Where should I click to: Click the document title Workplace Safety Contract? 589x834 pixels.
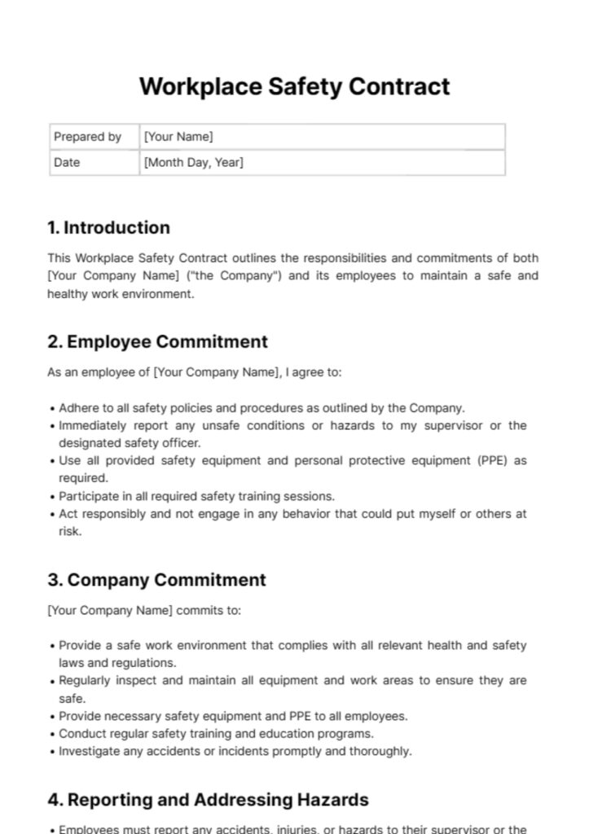pyautogui.click(x=294, y=86)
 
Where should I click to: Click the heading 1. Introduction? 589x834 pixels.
pyautogui.click(x=108, y=227)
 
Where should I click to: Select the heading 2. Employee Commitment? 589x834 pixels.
pyautogui.click(x=157, y=341)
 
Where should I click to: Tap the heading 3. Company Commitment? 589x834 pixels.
pyautogui.click(x=156, y=580)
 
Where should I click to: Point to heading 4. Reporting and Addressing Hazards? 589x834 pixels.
pyautogui.click(x=208, y=800)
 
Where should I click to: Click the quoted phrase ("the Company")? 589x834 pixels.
pyautogui.click(x=235, y=275)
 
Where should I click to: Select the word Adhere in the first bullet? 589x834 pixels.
pyautogui.click(x=78, y=408)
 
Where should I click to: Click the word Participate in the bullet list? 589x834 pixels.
pyautogui.click(x=88, y=496)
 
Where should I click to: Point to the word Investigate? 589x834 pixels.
pyautogui.click(x=89, y=752)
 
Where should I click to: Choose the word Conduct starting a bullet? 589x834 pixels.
pyautogui.click(x=81, y=734)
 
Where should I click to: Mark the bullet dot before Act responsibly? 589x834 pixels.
pyautogui.click(x=52, y=514)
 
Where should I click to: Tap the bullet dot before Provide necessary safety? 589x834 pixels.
pyautogui.click(x=52, y=717)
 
